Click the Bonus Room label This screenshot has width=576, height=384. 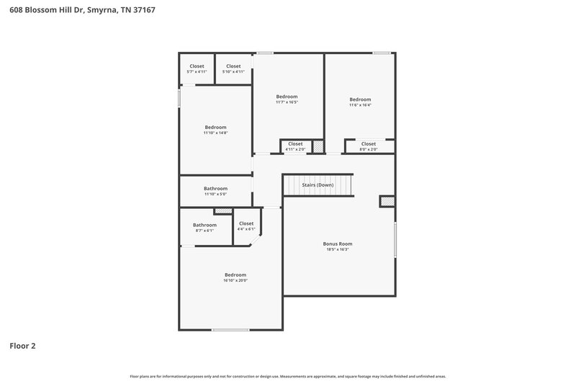(x=337, y=244)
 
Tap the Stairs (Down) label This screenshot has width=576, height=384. (x=318, y=185)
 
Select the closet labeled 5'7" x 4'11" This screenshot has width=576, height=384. (x=197, y=69)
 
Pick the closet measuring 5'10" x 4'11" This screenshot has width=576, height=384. (x=233, y=69)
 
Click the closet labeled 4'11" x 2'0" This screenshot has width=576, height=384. (x=295, y=146)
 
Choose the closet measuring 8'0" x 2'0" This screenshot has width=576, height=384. (x=369, y=146)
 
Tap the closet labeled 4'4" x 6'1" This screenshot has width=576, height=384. (x=246, y=226)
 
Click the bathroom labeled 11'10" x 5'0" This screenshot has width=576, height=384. (x=215, y=191)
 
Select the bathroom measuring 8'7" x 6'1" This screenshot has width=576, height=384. (x=204, y=228)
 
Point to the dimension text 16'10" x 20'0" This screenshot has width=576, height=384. (x=235, y=280)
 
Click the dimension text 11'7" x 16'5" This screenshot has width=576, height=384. (x=287, y=102)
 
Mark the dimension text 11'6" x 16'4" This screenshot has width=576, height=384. (x=360, y=105)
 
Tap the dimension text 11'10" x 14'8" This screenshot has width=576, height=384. (x=215, y=133)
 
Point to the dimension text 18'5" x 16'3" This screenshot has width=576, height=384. (x=337, y=249)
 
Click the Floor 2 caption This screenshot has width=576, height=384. (x=22, y=346)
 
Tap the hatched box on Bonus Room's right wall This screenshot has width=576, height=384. (x=387, y=202)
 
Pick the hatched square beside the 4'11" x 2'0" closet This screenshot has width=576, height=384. (x=318, y=146)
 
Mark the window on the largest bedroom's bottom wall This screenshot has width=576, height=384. (x=230, y=330)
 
